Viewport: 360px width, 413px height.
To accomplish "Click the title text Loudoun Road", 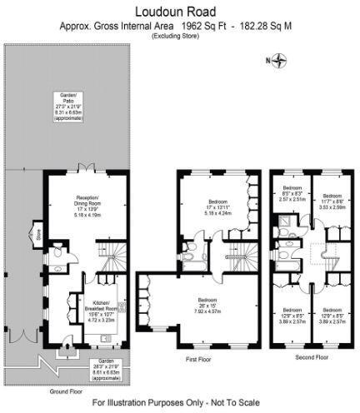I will (x=179, y=11).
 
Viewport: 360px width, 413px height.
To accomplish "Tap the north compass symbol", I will (x=280, y=60).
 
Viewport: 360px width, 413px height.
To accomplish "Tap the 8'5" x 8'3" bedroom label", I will (x=292, y=193).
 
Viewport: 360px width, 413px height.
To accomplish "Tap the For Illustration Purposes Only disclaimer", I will (x=180, y=403).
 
